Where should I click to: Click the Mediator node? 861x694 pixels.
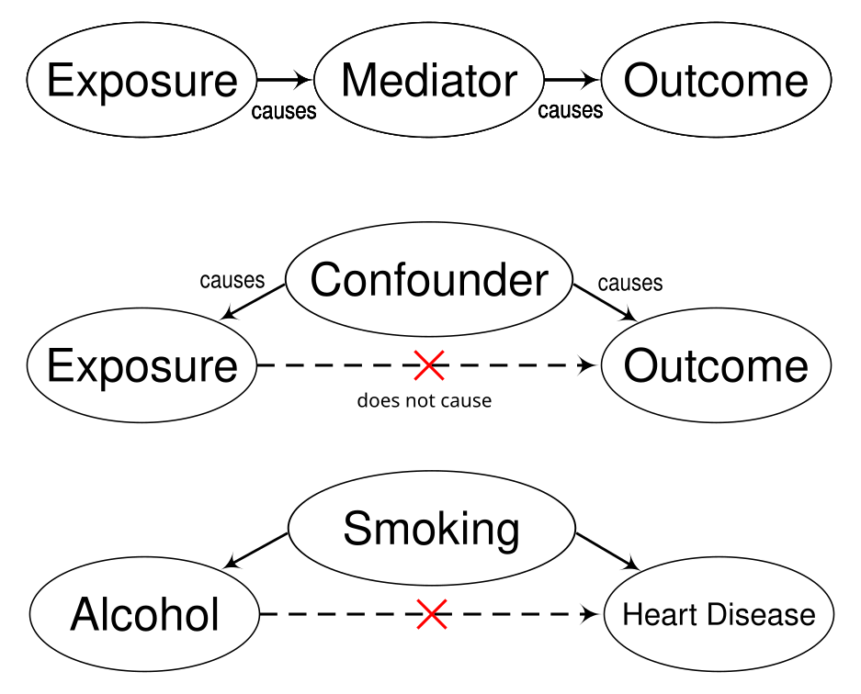point(429,81)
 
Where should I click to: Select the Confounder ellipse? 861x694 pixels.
point(429,279)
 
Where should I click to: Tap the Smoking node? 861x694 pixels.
point(431,528)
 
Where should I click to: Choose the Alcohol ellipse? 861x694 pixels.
point(145,613)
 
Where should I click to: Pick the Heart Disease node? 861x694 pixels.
point(719,613)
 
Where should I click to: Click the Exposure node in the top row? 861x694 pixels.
point(142,81)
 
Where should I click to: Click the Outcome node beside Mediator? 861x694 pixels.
point(716,81)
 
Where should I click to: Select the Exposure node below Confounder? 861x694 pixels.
point(142,365)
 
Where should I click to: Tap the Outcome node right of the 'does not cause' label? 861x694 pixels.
point(716,365)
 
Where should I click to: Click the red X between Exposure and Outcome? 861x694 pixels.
point(428,365)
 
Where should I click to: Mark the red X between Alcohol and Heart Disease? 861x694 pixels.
point(431,613)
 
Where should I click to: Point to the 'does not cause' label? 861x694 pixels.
point(424,400)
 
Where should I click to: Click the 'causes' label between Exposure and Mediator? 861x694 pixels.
point(284,112)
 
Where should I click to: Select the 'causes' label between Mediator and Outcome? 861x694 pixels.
point(571,111)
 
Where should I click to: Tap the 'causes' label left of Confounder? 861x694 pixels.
point(232,280)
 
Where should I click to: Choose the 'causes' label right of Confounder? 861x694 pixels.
point(630,283)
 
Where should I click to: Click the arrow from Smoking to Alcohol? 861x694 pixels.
point(257,549)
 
